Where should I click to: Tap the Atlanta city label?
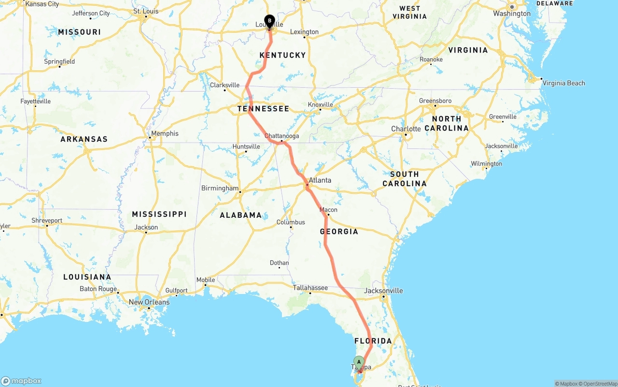(320, 180)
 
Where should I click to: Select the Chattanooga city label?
(281, 136)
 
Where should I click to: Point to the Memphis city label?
(165, 133)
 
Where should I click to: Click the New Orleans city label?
(149, 302)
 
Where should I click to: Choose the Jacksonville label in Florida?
(383, 291)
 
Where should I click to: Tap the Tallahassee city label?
(310, 288)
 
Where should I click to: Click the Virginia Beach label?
(563, 83)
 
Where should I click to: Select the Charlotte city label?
(406, 129)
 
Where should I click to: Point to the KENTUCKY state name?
(283, 55)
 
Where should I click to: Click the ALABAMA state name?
(241, 215)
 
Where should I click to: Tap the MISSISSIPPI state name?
(159, 214)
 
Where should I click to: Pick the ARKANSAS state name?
(84, 139)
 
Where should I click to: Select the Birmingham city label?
(220, 188)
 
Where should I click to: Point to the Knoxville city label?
(320, 105)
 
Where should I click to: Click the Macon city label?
(328, 210)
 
